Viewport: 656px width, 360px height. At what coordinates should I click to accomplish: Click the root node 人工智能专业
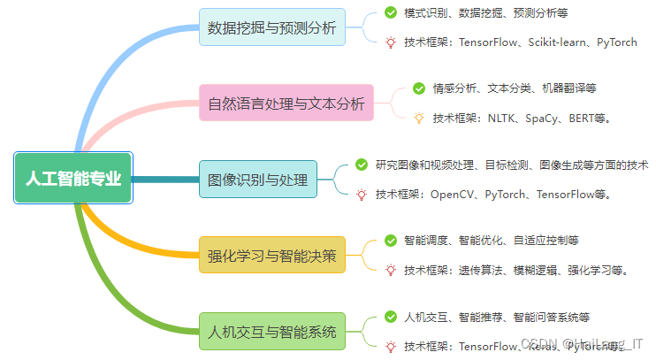pos(73,178)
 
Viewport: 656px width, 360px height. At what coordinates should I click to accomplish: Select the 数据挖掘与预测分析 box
pos(271,27)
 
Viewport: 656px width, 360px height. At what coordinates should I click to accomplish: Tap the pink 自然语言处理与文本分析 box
pos(286,103)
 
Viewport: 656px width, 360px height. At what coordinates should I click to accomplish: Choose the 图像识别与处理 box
pos(257,180)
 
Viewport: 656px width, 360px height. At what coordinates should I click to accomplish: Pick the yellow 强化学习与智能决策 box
pos(271,257)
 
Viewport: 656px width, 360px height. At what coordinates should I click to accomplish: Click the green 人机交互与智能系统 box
pos(271,333)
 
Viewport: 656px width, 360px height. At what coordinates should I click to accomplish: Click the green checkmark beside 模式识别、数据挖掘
pos(391,12)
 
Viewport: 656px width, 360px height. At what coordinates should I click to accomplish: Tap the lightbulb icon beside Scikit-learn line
pos(391,42)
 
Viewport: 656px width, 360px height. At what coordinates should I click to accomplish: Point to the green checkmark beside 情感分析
pos(419,88)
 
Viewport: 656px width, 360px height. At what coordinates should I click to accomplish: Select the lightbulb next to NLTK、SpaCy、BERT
pos(419,118)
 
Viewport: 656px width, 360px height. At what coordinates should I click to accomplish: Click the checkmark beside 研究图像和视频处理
pos(362,165)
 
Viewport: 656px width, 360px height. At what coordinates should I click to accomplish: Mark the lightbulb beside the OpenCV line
pos(362,195)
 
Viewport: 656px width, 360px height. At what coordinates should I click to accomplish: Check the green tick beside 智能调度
pos(391,240)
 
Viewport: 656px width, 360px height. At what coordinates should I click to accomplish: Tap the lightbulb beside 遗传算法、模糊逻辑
pos(391,270)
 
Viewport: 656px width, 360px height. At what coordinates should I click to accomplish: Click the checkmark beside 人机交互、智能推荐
pos(391,317)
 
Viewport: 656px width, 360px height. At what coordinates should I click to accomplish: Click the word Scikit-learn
pos(561,42)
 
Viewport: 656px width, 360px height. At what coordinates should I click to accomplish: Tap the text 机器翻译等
pos(569,88)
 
